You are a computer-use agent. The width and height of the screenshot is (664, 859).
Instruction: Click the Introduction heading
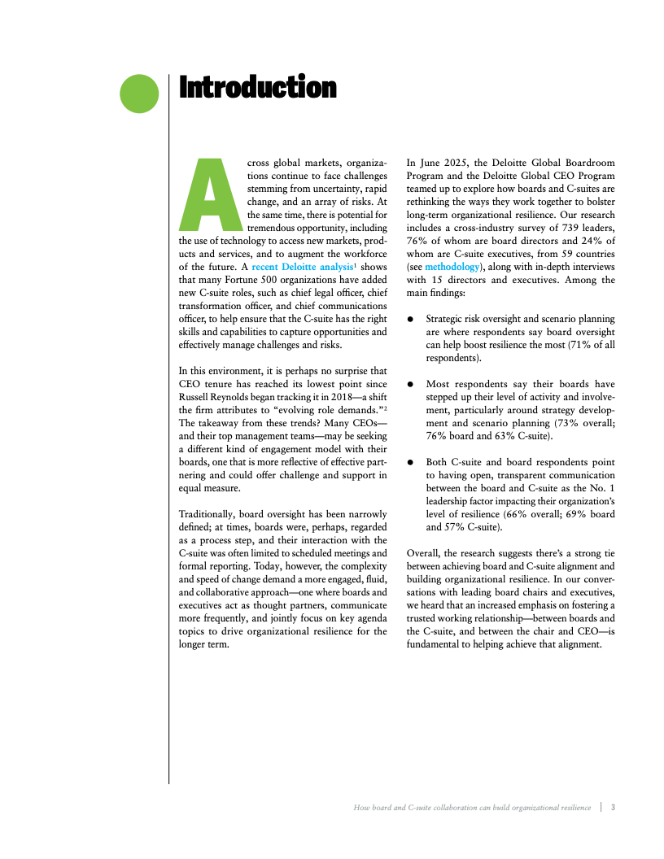257,87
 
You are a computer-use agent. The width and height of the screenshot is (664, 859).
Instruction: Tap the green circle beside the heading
139,93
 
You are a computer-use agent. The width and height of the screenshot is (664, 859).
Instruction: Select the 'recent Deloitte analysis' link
302,267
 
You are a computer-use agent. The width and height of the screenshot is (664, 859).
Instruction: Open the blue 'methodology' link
452,267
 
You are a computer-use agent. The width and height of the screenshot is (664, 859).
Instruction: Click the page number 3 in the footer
613,808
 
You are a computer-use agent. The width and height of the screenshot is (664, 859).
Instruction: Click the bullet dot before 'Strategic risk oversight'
412,320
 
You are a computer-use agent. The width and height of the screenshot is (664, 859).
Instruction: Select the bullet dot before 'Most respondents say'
412,384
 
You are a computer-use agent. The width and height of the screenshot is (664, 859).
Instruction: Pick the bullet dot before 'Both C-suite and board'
412,462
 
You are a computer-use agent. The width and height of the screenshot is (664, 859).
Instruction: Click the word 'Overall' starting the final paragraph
425,553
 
